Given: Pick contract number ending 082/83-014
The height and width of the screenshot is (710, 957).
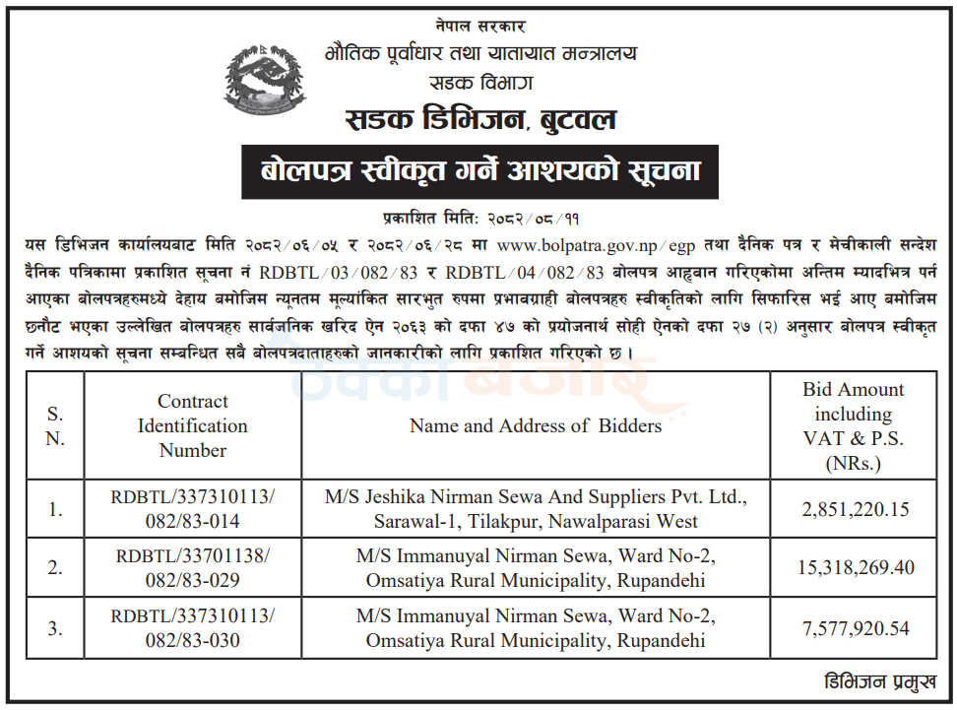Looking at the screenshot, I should pyautogui.click(x=193, y=509).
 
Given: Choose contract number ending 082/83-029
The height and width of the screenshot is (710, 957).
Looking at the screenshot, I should pyautogui.click(x=193, y=568).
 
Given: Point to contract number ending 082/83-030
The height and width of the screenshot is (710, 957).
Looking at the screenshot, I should pyautogui.click(x=193, y=628).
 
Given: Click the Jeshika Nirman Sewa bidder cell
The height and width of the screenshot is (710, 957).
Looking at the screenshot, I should pyautogui.click(x=537, y=509).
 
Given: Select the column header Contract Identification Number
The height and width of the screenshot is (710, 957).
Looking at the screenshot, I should pyautogui.click(x=193, y=425).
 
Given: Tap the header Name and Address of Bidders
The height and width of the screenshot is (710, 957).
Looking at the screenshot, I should pyautogui.click(x=536, y=425).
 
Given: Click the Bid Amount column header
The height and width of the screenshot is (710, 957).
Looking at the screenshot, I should pyautogui.click(x=853, y=425).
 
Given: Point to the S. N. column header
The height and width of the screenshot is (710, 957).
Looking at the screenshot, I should pyautogui.click(x=55, y=425).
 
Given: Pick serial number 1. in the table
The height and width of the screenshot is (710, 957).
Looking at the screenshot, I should pyautogui.click(x=55, y=510).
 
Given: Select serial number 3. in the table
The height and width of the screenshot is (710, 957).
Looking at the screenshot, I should pyautogui.click(x=55, y=628).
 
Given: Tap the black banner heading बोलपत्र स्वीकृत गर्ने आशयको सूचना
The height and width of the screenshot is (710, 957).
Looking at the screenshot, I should pyautogui.click(x=481, y=172).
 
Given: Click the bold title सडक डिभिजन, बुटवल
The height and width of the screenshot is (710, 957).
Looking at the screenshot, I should pyautogui.click(x=481, y=120).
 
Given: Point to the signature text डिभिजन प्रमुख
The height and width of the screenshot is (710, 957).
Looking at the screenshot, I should pyautogui.click(x=878, y=681).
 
